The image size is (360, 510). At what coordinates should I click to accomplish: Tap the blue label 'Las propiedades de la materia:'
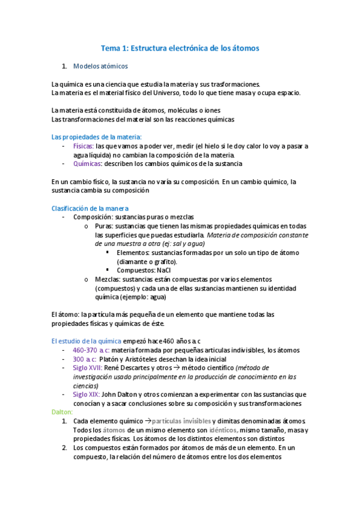point(96,137)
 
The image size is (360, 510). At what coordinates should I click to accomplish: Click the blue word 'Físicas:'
point(82,146)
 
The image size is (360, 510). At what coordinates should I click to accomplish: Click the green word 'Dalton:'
point(62,412)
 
